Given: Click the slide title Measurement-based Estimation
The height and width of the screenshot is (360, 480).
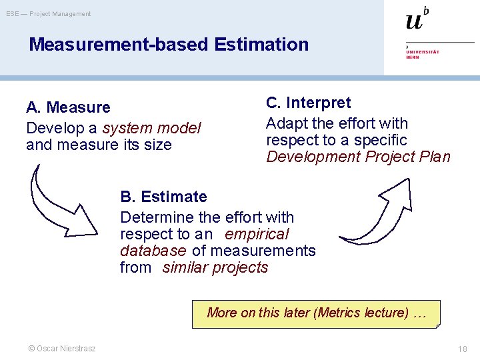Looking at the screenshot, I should pyautogui.click(x=169, y=45).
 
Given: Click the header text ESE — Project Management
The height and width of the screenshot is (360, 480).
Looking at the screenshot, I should pyautogui.click(x=49, y=14).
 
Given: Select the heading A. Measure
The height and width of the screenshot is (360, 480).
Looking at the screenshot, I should pyautogui.click(x=68, y=107).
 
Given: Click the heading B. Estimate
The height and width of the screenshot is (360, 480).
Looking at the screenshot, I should pyautogui.click(x=163, y=197).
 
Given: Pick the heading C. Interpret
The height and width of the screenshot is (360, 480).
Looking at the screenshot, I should pyautogui.click(x=308, y=103).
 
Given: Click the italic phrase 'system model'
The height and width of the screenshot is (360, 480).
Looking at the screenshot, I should pyautogui.click(x=151, y=128).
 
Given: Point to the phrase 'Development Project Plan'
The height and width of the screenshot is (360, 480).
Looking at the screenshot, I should pyautogui.click(x=358, y=157).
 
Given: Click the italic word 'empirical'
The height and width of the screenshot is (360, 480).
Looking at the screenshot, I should pyautogui.click(x=257, y=234).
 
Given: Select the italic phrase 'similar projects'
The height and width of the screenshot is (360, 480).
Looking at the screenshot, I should pyautogui.click(x=215, y=268).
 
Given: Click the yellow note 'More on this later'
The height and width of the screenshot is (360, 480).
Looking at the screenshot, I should pyautogui.click(x=316, y=313).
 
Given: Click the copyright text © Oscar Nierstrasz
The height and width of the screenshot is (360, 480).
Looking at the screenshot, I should pyautogui.click(x=61, y=349).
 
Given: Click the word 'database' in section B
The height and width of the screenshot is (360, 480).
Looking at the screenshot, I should pyautogui.click(x=153, y=251).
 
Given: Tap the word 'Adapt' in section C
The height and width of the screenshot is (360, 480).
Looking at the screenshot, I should pyautogui.click(x=285, y=123).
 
